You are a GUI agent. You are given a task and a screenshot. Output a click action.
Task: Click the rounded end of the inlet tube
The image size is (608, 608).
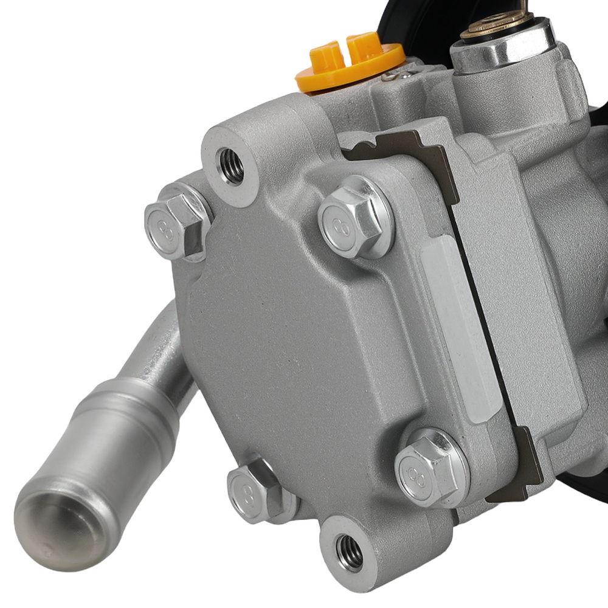(55, 517)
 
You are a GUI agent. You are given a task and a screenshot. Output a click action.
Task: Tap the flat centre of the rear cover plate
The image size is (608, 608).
(292, 340)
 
